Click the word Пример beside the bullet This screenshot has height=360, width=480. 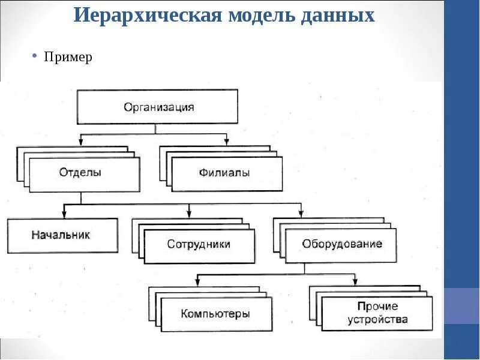(x=68, y=57)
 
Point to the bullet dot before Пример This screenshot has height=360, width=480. (x=35, y=56)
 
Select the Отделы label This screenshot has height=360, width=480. (x=80, y=173)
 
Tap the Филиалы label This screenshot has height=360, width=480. (x=224, y=173)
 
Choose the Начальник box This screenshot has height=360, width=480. (x=62, y=235)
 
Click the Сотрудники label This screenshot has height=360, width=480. (x=199, y=244)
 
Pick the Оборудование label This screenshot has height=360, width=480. (x=342, y=244)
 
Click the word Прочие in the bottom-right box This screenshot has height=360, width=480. (x=377, y=307)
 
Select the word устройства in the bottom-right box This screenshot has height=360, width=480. (x=377, y=319)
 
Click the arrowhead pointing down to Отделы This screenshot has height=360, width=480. (x=80, y=142)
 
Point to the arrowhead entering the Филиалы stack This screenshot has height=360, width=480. (x=227, y=142)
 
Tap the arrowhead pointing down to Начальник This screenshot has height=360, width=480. (x=63, y=214)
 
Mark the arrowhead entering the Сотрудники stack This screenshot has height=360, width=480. (x=189, y=213)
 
